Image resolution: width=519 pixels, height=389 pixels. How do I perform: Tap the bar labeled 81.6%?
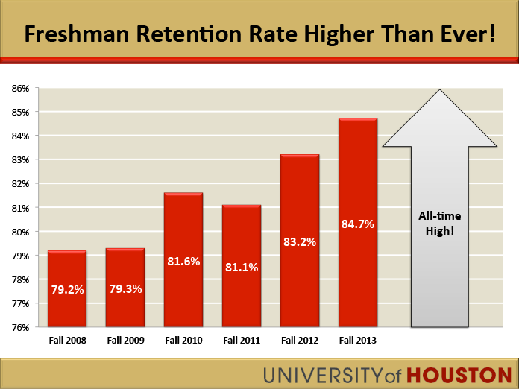[x=183, y=260]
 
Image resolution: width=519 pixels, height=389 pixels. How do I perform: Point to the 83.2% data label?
[x=300, y=241]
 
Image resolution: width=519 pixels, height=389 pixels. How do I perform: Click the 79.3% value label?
[x=125, y=288]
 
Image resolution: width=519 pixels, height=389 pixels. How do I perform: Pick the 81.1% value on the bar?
[x=242, y=267]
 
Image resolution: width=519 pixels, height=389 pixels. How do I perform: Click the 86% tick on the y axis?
[x=20, y=88]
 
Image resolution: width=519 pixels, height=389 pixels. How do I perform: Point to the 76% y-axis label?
[x=20, y=327]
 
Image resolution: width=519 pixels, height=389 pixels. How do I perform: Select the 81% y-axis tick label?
[x=20, y=208]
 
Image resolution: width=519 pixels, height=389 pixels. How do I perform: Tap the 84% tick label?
[x=20, y=136]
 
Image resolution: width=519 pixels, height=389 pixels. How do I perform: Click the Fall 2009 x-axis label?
[x=125, y=341]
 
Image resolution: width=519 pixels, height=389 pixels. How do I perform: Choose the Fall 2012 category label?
[x=300, y=341]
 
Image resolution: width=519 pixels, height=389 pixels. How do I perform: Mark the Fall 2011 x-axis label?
[x=242, y=341]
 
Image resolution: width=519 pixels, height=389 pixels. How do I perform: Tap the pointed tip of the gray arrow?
[x=440, y=91]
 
